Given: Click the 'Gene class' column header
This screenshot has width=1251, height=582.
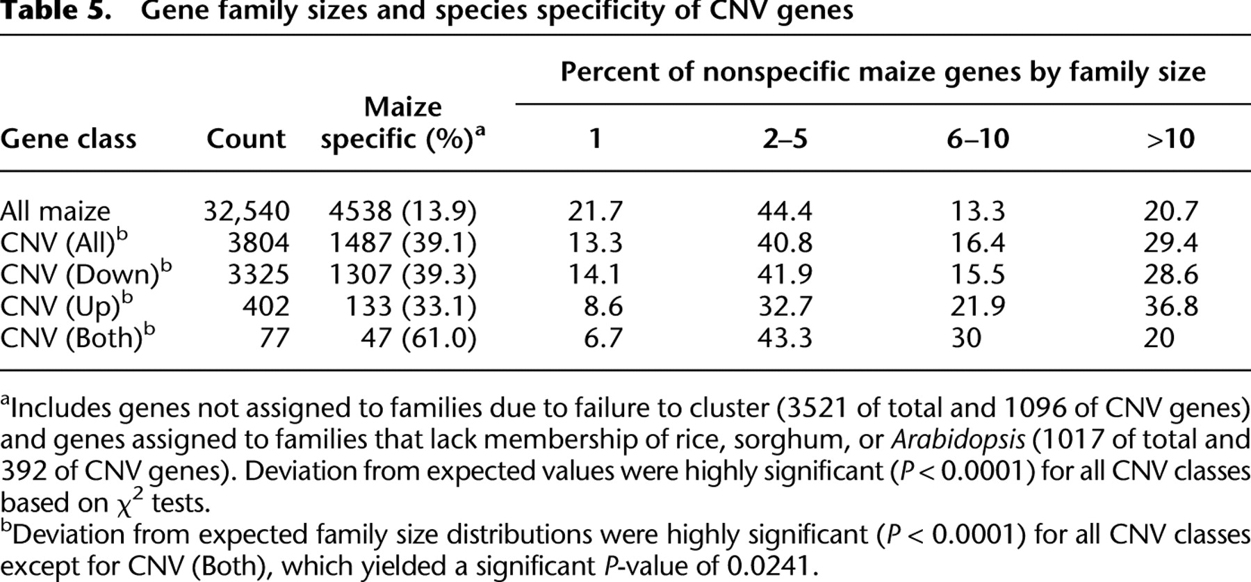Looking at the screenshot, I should pyautogui.click(x=68, y=139).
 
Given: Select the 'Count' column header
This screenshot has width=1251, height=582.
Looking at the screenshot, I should pyautogui.click(x=246, y=139).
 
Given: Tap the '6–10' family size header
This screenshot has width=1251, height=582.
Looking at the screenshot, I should pyautogui.click(x=978, y=139).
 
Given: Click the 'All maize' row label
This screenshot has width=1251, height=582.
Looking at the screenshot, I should pyautogui.click(x=56, y=211).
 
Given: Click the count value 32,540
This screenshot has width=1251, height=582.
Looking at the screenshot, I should pyautogui.click(x=247, y=211).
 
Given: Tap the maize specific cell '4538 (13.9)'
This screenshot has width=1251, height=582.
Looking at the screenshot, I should pyautogui.click(x=402, y=211).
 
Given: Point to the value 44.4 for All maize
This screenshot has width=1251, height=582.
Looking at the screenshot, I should pyautogui.click(x=785, y=211).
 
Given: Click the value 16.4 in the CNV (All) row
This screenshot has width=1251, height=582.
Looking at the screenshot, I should pyautogui.click(x=977, y=243).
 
